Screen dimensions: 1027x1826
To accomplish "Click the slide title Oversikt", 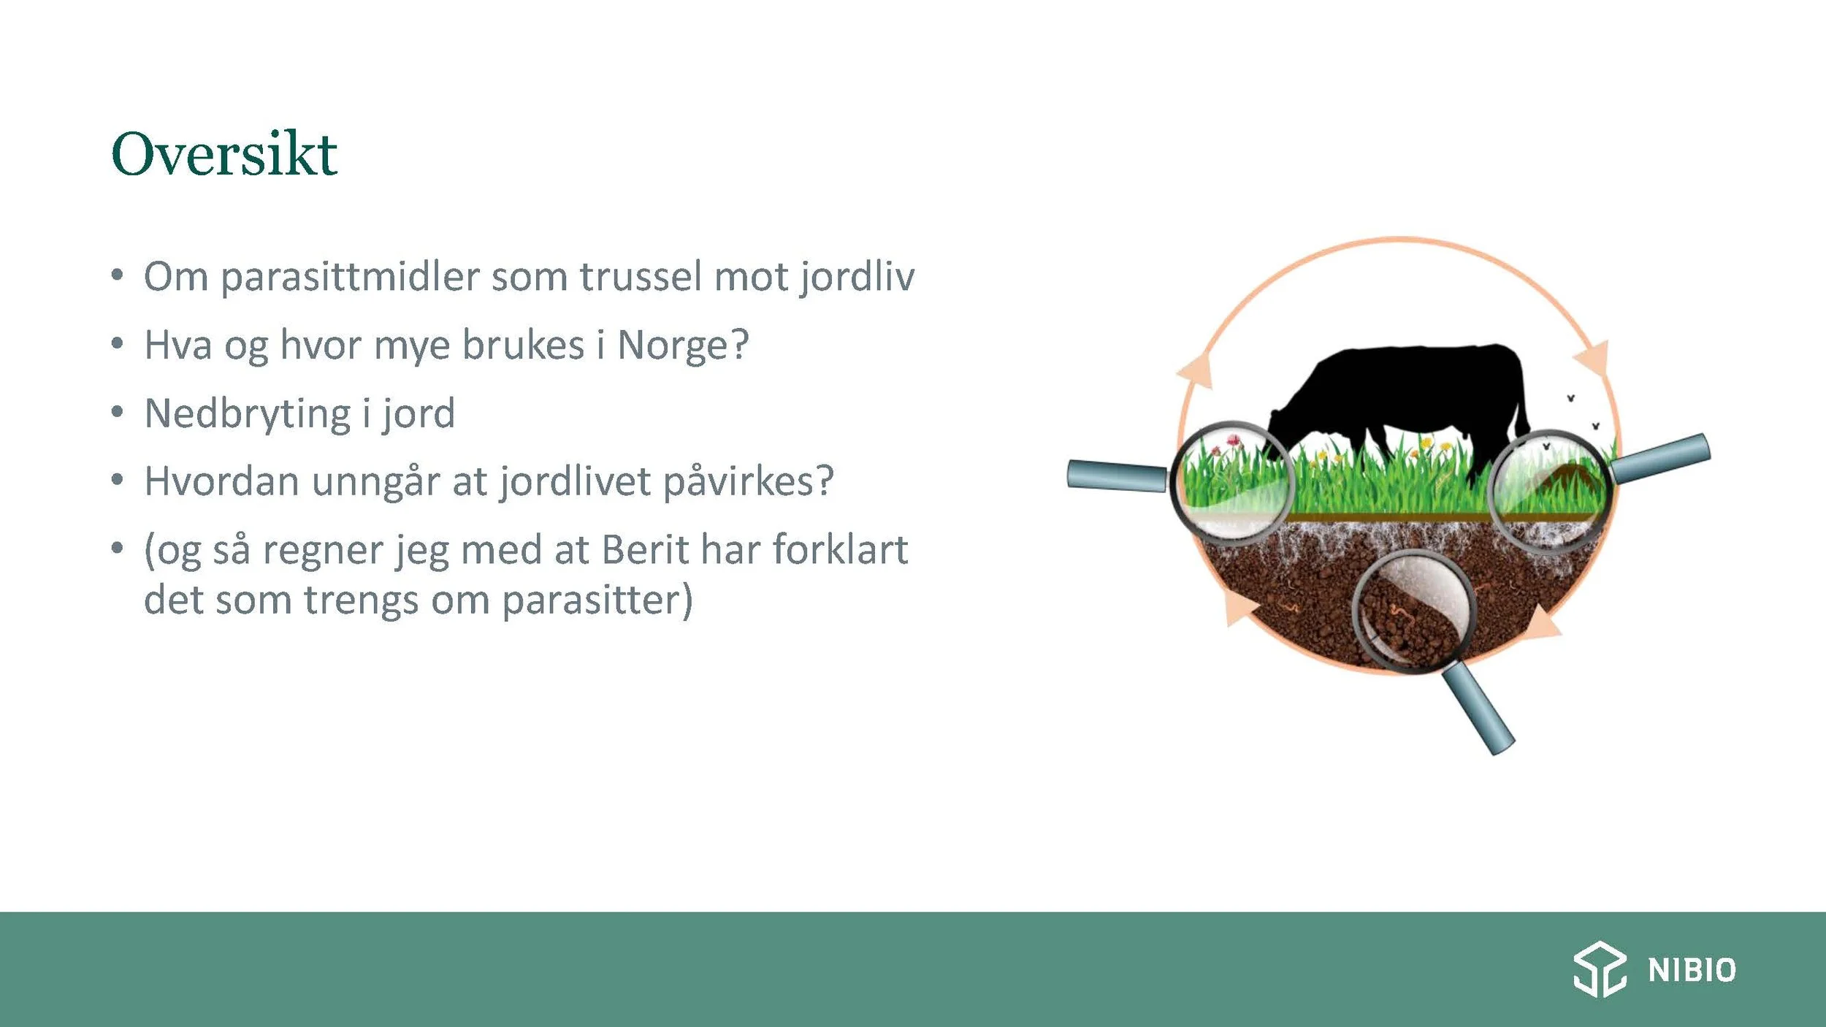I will click(x=224, y=154).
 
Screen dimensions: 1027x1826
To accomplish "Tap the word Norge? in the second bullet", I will click(x=683, y=345).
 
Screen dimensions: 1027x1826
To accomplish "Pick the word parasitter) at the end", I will click(x=597, y=600).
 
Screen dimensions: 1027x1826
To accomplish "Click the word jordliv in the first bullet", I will click(x=857, y=277).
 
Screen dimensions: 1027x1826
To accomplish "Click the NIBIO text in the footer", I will click(x=1692, y=971).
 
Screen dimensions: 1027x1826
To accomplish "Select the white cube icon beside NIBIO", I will click(x=1600, y=969).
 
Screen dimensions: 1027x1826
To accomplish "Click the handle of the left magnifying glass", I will click(x=1116, y=476).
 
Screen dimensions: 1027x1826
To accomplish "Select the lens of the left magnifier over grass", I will click(x=1231, y=483).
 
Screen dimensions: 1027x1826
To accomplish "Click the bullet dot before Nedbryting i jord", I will click(x=117, y=413).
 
